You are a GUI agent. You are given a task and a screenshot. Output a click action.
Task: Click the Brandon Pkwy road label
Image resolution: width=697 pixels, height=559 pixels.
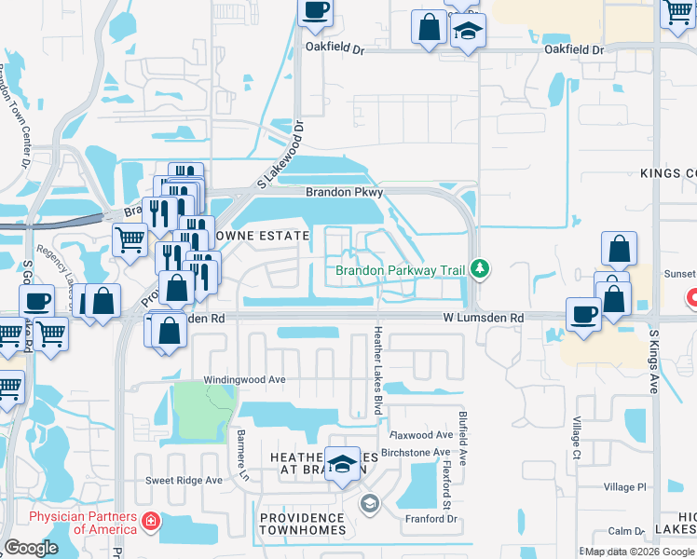point(345,192)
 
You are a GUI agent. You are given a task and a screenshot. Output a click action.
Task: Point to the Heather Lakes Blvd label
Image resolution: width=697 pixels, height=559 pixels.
point(378,359)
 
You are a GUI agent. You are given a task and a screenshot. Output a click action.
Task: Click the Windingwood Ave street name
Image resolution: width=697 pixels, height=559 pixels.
point(244,380)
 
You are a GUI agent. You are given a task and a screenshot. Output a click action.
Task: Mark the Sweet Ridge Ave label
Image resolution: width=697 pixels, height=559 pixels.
point(184,481)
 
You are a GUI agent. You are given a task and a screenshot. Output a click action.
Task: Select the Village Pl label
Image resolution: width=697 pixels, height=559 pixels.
point(624,487)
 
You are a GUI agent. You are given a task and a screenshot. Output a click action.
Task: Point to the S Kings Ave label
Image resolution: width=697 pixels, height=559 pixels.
point(653,361)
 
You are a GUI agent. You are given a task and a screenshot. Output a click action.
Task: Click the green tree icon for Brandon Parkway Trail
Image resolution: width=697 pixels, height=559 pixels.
point(480,269)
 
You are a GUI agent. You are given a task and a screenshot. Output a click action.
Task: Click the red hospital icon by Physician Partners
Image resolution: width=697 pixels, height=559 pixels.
point(150,522)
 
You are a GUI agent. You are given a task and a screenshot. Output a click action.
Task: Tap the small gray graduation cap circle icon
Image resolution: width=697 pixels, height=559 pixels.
point(369,504)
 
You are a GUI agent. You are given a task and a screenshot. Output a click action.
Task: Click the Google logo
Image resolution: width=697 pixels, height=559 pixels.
point(31,548)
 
